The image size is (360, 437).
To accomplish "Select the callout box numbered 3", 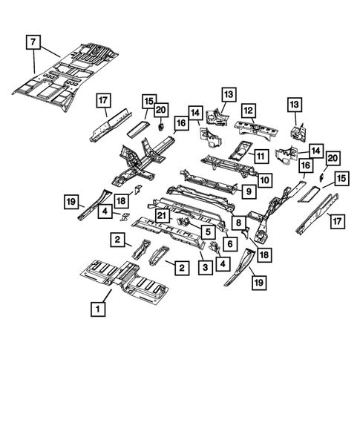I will pos(202,266).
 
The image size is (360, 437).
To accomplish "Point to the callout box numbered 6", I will pos(230,243).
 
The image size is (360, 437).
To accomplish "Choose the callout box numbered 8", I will pos(238,222).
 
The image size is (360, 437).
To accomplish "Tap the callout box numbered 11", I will pos(261,156).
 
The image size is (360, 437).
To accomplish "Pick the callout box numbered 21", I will pos(160,216).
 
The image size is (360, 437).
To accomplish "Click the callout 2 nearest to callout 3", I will pos(180,266).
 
